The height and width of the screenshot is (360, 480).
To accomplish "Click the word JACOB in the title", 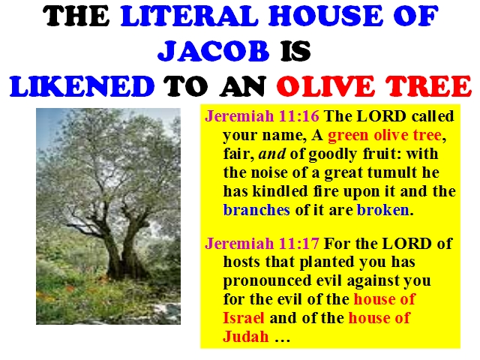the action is coord(213,50).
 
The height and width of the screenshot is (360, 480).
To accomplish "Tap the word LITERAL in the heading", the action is coord(190,16).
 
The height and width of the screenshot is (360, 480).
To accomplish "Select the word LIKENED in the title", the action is coord(82,86).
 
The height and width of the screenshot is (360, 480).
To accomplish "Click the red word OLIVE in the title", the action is coord(325,86).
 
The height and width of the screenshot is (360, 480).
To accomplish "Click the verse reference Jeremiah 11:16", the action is coord(262,116).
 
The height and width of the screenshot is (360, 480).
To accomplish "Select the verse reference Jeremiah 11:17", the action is coord(262,244).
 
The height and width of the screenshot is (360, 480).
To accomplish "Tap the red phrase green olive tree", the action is coord(385,135).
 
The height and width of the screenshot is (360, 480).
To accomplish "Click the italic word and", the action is coord(272,154).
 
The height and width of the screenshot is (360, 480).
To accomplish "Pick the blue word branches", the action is coord(256,210).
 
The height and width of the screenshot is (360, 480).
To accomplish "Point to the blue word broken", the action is coord(383,210).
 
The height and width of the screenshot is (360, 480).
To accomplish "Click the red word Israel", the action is coord(243,318).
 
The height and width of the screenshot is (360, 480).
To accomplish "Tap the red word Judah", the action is coord(246,337).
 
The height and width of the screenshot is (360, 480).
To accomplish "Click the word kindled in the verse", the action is coord(280,191).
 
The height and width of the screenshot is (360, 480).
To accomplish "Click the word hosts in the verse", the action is coord(241,262).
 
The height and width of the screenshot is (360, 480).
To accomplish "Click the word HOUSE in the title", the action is coord(325,16).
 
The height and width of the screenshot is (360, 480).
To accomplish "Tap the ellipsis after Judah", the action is coord(282,339).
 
